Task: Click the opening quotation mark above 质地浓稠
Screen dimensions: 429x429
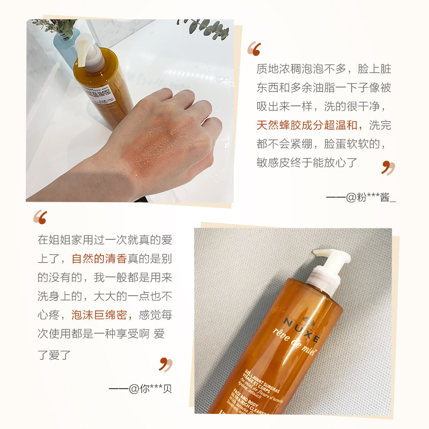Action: [x=254, y=49]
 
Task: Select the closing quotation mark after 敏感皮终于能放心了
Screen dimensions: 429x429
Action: [x=388, y=167]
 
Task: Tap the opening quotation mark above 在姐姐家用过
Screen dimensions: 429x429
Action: [x=40, y=217]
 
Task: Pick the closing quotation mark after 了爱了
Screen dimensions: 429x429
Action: [x=166, y=365]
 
